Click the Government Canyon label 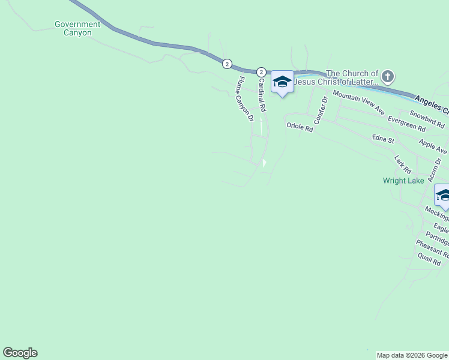pyautogui.click(x=77, y=28)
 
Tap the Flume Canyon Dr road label pyautogui.click(x=246, y=99)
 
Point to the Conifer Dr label pyautogui.click(x=320, y=106)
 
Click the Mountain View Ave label pyautogui.click(x=358, y=103)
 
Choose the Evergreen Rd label pyautogui.click(x=406, y=124)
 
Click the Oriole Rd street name pyautogui.click(x=300, y=127)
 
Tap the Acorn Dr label pyautogui.click(x=435, y=170)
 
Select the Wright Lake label pyautogui.click(x=403, y=180)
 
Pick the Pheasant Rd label pyautogui.click(x=432, y=249)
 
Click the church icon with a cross pyautogui.click(x=388, y=76)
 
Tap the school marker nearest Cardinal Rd pyautogui.click(x=282, y=82)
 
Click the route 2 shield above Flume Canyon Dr pyautogui.click(x=227, y=63)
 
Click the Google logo pyautogui.click(x=20, y=353)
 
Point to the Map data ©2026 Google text pyautogui.click(x=412, y=355)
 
